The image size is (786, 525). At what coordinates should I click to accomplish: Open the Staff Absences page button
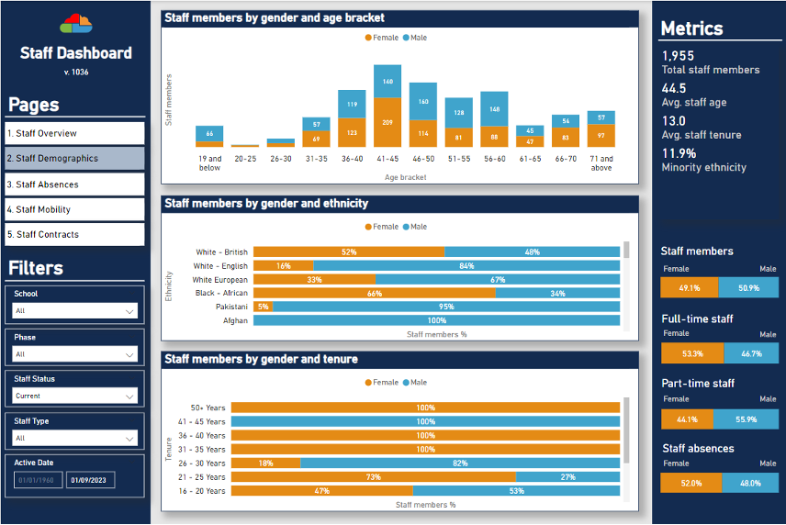[x=74, y=184]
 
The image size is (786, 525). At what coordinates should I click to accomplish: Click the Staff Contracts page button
[x=74, y=234]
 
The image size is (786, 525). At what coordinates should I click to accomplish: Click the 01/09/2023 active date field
[x=90, y=479]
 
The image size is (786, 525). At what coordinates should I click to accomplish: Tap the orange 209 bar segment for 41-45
[x=387, y=122]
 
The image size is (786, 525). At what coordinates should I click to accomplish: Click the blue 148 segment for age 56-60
[x=494, y=109]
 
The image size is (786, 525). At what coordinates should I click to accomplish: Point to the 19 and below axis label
[x=209, y=162]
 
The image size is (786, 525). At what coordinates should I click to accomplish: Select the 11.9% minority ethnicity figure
[x=679, y=153]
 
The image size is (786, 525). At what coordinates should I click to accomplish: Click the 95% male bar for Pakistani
[x=445, y=307]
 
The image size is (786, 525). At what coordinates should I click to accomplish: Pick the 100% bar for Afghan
[x=436, y=320]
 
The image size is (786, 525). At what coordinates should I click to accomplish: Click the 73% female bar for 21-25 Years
[x=373, y=477]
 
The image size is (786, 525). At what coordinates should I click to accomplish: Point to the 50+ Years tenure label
[x=208, y=407]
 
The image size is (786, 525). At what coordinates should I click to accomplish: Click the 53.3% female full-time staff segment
[x=692, y=353]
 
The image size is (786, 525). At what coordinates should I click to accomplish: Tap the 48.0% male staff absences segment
[x=750, y=483]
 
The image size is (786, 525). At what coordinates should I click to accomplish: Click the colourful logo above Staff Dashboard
[x=75, y=22]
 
